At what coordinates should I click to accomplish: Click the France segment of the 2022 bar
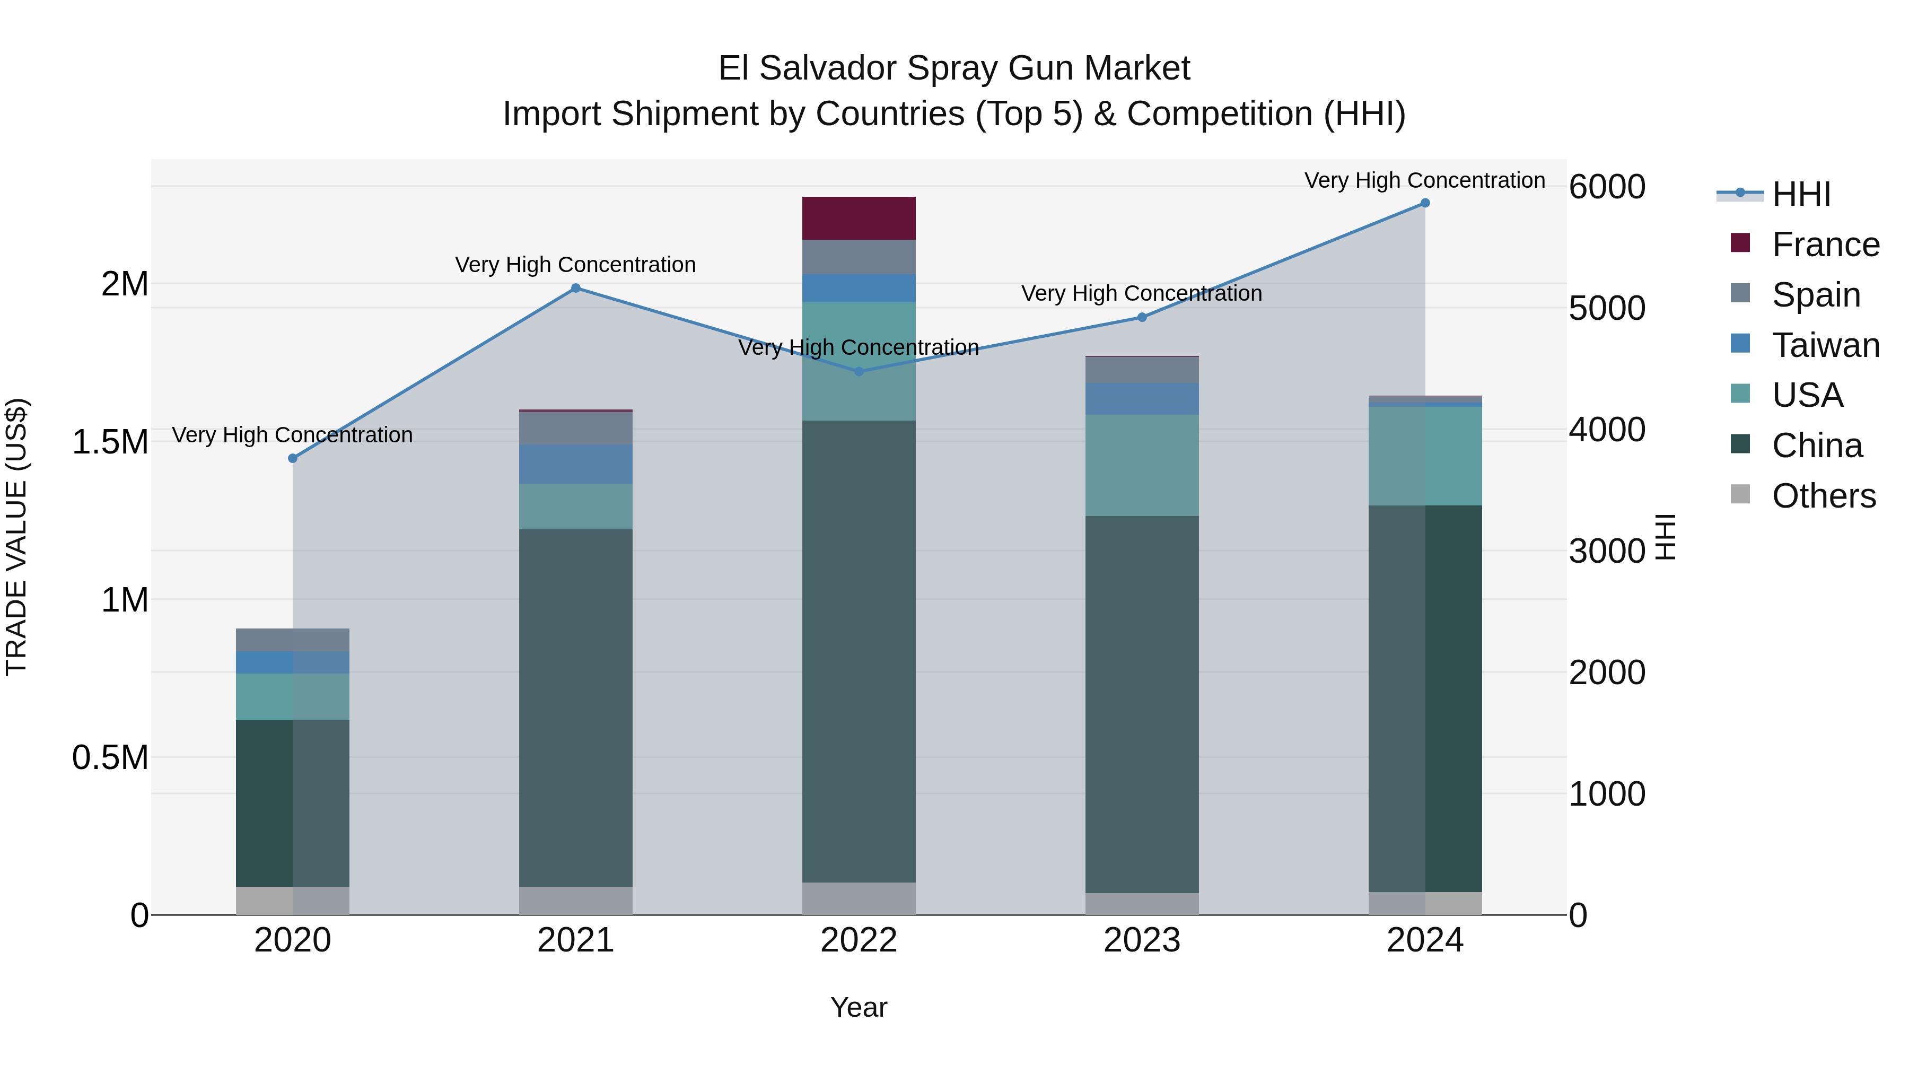click(859, 218)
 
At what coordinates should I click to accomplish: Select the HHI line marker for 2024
click(1424, 203)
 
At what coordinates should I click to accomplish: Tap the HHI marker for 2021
click(576, 289)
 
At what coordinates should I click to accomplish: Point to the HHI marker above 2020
click(293, 459)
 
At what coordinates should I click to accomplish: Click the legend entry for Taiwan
click(1825, 345)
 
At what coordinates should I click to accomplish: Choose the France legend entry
click(1825, 245)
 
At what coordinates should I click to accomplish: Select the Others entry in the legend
click(1823, 496)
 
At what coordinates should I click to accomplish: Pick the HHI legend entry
click(1801, 194)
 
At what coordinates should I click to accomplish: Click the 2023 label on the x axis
click(1141, 940)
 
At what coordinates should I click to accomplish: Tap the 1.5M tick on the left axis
click(110, 442)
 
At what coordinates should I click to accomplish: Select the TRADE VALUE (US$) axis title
click(16, 537)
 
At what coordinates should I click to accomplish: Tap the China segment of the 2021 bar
click(576, 708)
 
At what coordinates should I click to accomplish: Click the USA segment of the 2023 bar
click(1141, 466)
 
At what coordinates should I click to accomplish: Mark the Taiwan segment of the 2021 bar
click(576, 464)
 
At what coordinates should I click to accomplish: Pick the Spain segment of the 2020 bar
click(293, 640)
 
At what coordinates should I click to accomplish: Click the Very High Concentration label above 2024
click(1424, 180)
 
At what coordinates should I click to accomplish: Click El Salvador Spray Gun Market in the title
click(954, 68)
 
